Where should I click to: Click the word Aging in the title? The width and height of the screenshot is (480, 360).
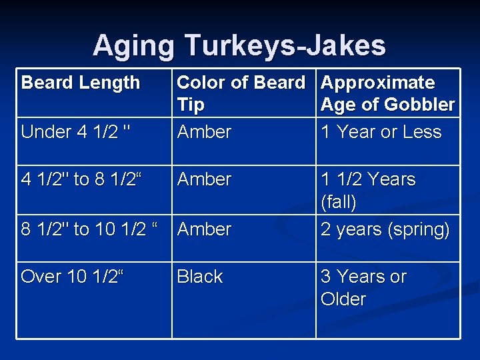(x=134, y=45)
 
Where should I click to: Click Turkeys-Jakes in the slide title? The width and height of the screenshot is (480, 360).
(x=285, y=45)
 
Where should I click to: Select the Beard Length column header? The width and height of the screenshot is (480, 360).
(x=81, y=83)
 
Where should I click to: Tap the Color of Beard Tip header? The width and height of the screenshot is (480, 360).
(x=241, y=93)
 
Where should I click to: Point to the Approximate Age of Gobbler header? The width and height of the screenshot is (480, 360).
(x=387, y=93)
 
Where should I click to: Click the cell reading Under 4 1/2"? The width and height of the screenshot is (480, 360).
(x=75, y=132)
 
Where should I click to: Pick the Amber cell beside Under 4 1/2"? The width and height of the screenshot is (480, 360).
(x=204, y=132)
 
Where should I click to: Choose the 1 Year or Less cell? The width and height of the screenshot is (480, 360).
(x=381, y=132)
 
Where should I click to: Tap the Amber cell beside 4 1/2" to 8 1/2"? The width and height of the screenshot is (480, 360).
(x=204, y=179)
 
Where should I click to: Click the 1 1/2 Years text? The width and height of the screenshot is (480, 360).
(x=368, y=179)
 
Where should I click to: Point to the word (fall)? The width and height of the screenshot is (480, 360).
(x=339, y=201)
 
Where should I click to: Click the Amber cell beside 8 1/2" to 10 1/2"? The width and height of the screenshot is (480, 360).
(x=204, y=229)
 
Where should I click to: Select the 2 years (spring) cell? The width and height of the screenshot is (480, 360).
(x=385, y=229)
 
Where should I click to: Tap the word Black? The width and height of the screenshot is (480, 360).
(x=200, y=277)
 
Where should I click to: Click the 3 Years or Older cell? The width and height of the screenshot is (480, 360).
(x=363, y=287)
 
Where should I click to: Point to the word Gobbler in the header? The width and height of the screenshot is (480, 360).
(x=422, y=105)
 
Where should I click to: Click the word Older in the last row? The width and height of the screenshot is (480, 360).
(x=343, y=299)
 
